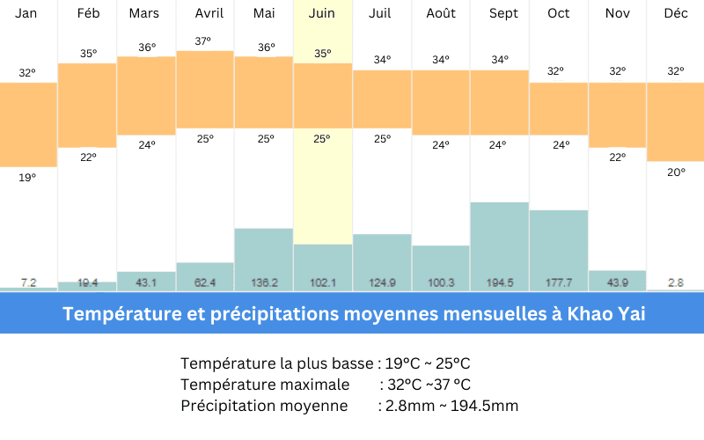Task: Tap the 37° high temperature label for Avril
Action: tap(204, 41)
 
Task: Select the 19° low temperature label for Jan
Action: tap(28, 178)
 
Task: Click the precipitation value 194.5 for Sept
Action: tap(499, 282)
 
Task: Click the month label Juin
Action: tap(322, 13)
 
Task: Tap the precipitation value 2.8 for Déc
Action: tap(676, 282)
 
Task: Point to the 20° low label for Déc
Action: tap(676, 172)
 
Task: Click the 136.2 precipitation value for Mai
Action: tap(263, 282)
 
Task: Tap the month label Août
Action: tap(440, 13)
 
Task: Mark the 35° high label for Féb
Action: tap(88, 53)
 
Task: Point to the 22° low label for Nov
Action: tap(617, 158)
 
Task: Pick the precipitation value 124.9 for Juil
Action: tap(381, 282)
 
